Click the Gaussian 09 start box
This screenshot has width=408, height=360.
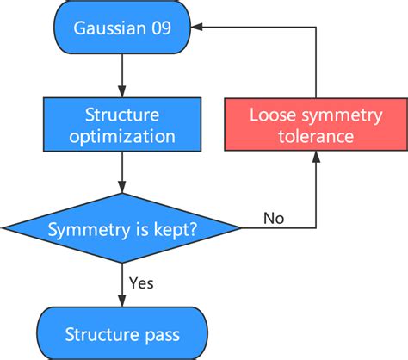point(121,29)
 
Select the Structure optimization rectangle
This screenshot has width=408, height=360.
point(121,125)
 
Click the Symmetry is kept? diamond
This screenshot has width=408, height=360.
point(121,228)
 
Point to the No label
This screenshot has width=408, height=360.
point(273,219)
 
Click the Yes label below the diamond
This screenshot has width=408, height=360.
point(142,282)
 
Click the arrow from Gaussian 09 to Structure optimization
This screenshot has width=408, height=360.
point(121,74)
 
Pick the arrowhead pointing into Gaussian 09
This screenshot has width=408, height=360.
point(197,28)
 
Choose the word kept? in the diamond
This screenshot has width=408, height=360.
point(171,230)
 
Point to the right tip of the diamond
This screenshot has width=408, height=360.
point(241,228)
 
